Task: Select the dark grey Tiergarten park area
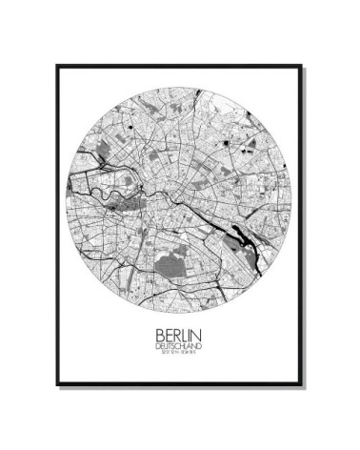coord(139,183)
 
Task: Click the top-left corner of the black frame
coord(56,66)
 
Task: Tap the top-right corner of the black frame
coord(303,66)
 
